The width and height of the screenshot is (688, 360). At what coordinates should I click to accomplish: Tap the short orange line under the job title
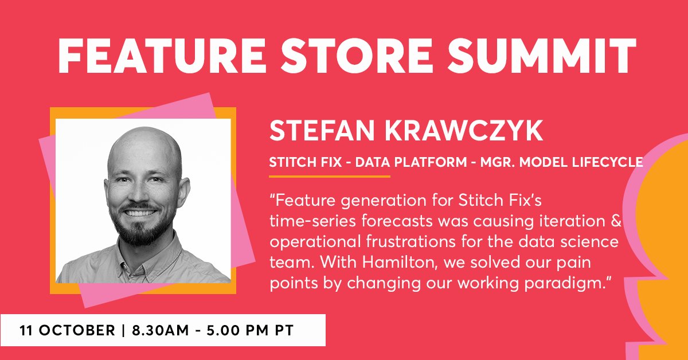(x=330, y=177)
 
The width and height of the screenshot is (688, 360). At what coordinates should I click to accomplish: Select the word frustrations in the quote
(x=413, y=241)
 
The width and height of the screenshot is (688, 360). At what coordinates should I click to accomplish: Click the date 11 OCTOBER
(x=67, y=331)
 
